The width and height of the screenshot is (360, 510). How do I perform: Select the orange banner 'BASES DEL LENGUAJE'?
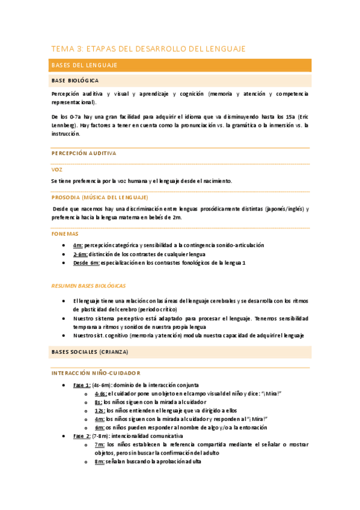click(x=84, y=65)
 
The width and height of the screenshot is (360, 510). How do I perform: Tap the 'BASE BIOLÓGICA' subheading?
click(x=75, y=80)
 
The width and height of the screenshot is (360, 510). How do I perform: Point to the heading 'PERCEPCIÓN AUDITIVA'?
click(x=84, y=153)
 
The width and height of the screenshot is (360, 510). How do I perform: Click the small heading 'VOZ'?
click(x=56, y=170)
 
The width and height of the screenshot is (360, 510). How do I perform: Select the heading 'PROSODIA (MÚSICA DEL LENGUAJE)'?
click(x=100, y=197)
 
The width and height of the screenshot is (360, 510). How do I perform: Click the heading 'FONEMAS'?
click(x=64, y=233)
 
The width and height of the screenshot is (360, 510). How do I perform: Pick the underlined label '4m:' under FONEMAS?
click(x=78, y=245)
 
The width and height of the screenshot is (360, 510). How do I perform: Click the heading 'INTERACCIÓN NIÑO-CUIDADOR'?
click(x=96, y=373)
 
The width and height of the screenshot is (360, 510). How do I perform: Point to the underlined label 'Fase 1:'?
click(x=82, y=384)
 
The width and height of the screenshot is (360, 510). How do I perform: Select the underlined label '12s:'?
click(x=99, y=410)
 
